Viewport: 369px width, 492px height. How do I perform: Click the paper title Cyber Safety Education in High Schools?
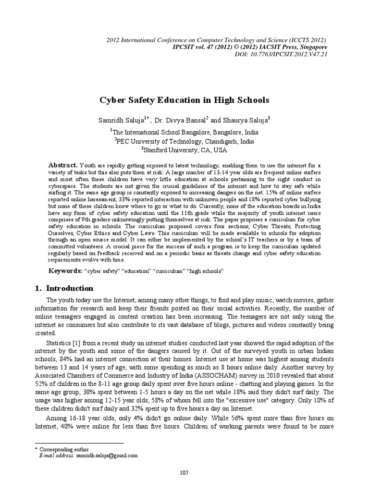184,100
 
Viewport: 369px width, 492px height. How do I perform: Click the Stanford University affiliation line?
184,150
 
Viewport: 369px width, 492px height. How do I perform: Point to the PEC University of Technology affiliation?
184,141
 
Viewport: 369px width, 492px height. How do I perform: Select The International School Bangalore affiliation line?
184,132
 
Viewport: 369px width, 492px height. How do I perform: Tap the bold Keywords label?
66,271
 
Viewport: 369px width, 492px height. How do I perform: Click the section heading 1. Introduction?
65,288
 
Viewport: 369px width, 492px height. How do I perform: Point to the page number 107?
184,473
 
